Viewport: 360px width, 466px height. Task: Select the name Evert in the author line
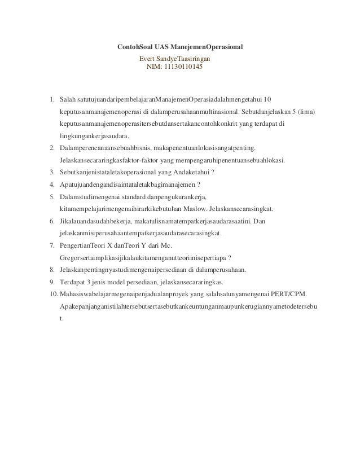click(148, 58)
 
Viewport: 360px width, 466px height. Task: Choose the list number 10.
click(52, 294)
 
